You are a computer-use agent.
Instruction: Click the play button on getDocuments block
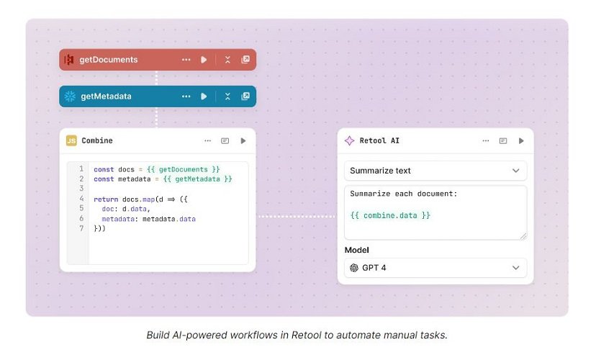click(x=204, y=60)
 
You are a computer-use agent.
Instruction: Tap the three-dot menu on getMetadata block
click(x=186, y=96)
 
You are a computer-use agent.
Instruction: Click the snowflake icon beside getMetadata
click(x=70, y=96)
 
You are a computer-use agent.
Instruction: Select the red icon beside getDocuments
click(x=69, y=60)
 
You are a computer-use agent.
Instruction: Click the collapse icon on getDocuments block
click(x=227, y=60)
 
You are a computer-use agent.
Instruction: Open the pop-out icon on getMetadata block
click(x=245, y=96)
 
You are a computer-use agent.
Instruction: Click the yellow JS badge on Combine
click(x=71, y=140)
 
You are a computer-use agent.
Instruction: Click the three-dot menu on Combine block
click(x=207, y=140)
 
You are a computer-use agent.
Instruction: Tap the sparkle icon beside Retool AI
click(x=349, y=140)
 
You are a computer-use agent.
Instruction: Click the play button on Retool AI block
click(x=521, y=140)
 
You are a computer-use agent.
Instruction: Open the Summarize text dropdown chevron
click(x=515, y=171)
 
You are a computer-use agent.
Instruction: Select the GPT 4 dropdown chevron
click(x=515, y=268)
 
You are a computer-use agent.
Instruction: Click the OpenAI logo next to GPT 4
click(x=354, y=268)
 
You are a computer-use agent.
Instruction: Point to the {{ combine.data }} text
click(x=390, y=215)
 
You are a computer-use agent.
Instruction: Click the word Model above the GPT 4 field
click(x=356, y=250)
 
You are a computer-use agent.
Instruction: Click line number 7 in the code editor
click(x=81, y=228)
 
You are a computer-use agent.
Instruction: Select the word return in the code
click(x=106, y=199)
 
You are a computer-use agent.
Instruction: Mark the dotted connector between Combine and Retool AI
click(x=297, y=217)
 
